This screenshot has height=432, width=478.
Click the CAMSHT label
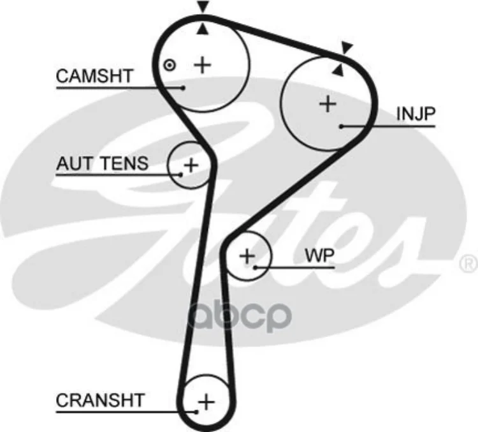(x=94, y=76)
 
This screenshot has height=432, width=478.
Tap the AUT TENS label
(x=102, y=163)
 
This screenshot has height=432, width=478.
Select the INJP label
(x=416, y=114)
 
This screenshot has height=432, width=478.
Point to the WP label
(x=319, y=255)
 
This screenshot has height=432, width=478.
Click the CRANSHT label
(x=100, y=401)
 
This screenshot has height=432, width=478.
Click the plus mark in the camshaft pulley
(x=202, y=64)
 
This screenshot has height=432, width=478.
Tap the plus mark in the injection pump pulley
(x=328, y=103)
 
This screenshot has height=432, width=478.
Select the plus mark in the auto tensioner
(x=191, y=165)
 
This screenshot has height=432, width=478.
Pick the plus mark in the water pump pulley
(x=247, y=256)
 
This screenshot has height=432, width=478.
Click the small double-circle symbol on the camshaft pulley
(x=169, y=64)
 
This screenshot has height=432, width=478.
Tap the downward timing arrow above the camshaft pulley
(x=203, y=7)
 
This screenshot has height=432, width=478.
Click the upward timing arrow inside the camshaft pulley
(x=203, y=28)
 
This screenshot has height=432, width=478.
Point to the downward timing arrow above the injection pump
(x=347, y=47)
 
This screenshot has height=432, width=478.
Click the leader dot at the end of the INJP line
(x=342, y=126)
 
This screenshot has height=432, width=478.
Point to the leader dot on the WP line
(x=255, y=267)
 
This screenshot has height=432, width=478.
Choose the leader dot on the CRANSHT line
(x=198, y=412)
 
